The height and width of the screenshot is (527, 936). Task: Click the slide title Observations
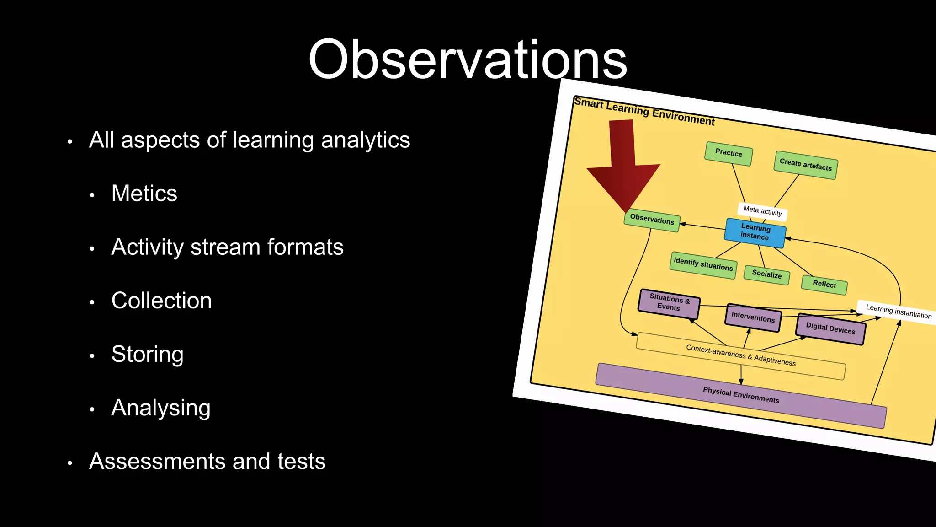point(468,59)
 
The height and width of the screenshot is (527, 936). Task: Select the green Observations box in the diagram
point(652,220)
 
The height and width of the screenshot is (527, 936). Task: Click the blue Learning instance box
point(755,232)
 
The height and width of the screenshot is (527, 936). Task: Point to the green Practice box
point(729,153)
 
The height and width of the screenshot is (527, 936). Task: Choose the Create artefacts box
point(806,165)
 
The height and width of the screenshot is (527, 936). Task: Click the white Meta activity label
point(762,211)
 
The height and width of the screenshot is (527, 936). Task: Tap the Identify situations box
point(703,264)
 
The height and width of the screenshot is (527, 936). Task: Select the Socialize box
point(767,274)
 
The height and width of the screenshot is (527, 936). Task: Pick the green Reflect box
point(824,284)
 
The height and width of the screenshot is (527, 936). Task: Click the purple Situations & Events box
point(669,302)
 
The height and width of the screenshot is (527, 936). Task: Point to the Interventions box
point(753,317)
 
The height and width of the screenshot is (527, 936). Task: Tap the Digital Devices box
point(830,328)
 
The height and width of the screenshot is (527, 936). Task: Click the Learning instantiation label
point(898,312)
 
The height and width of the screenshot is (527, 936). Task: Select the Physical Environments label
point(741,395)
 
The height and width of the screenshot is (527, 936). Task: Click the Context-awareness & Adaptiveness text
point(741,355)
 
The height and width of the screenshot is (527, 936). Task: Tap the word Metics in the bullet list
point(144,193)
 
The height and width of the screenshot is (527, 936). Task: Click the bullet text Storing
point(147,354)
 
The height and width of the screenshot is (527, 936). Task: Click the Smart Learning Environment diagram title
point(644,111)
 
